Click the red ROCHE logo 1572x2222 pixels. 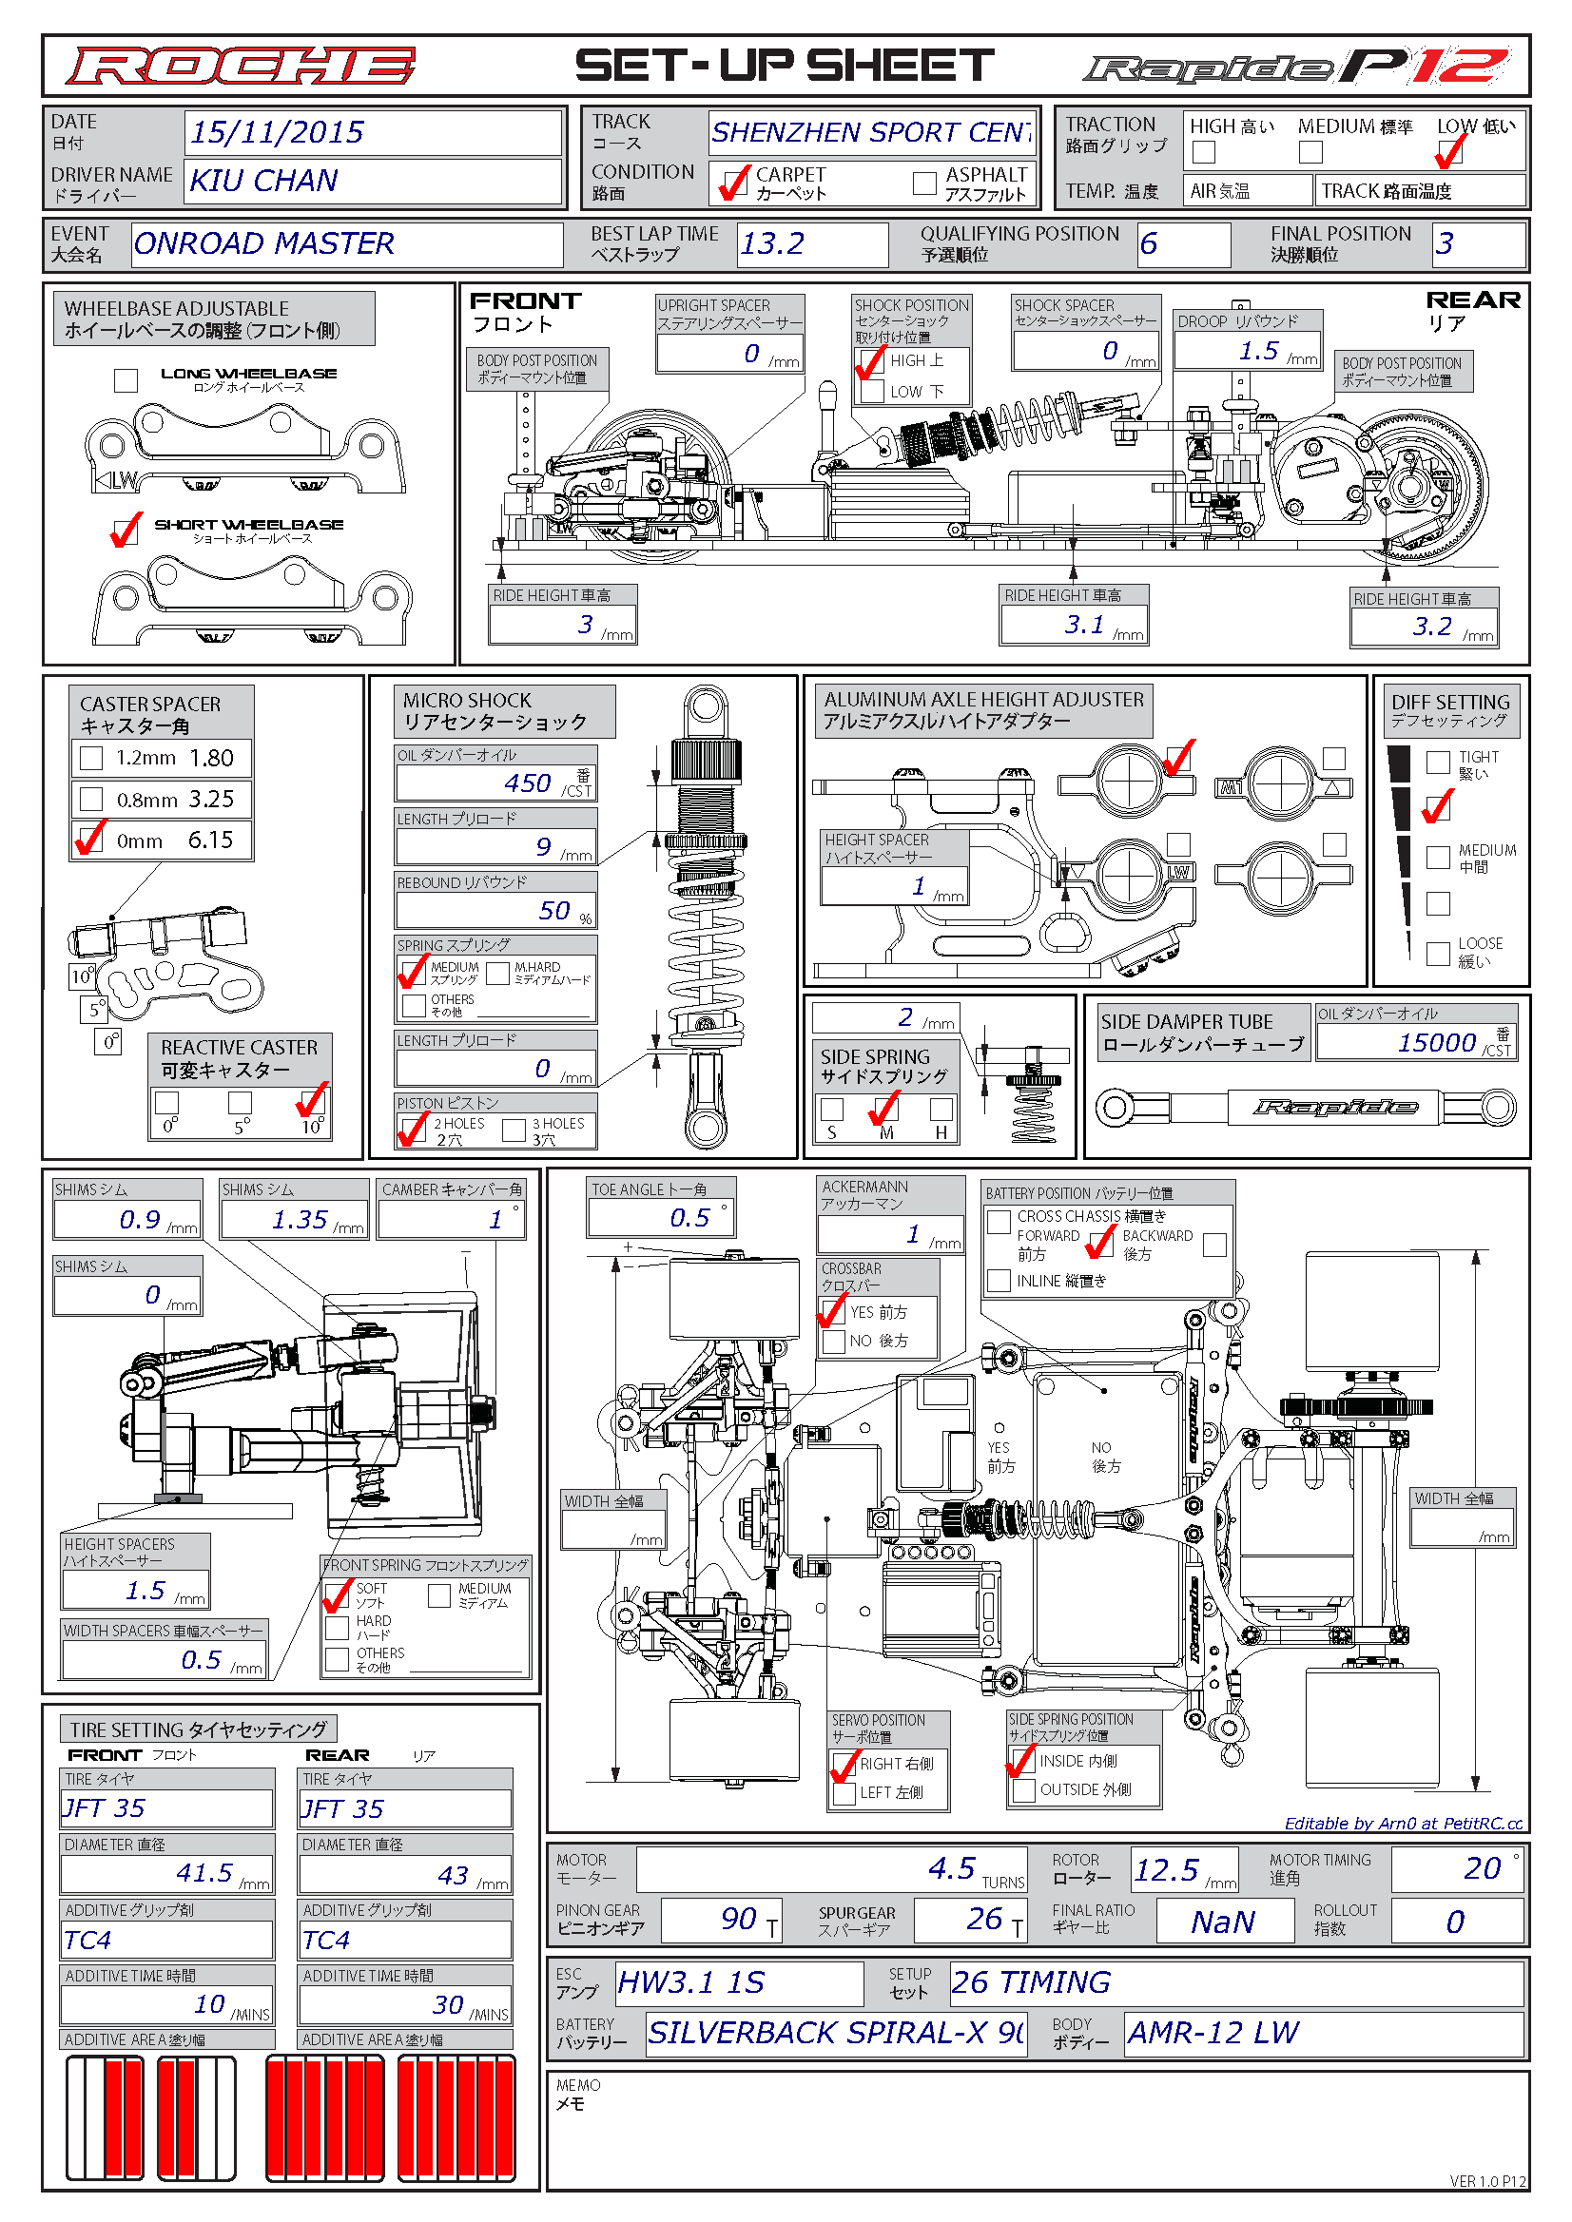click(x=240, y=66)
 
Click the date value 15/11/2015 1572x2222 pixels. click(x=277, y=131)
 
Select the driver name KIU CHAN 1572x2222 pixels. click(x=263, y=181)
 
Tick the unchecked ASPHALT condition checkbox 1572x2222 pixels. click(x=924, y=182)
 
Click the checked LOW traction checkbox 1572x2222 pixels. click(x=1449, y=152)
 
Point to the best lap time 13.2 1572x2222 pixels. click(x=772, y=243)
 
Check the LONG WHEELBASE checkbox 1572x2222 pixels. click(x=126, y=380)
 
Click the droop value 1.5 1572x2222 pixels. click(x=1258, y=351)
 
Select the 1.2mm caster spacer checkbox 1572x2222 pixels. click(x=91, y=758)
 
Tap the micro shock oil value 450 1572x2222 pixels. click(x=528, y=783)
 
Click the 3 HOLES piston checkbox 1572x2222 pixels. click(x=514, y=1130)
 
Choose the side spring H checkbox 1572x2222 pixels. click(x=941, y=1109)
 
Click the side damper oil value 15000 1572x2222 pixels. click(x=1436, y=1042)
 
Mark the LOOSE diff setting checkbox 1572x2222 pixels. click(x=1439, y=954)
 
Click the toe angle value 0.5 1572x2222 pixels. click(x=690, y=1217)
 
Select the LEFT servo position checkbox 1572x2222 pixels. click(x=844, y=1792)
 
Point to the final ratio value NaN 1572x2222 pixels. click(x=1224, y=1921)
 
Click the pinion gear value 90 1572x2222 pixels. click(x=739, y=1918)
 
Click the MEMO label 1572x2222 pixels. click(x=578, y=2095)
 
